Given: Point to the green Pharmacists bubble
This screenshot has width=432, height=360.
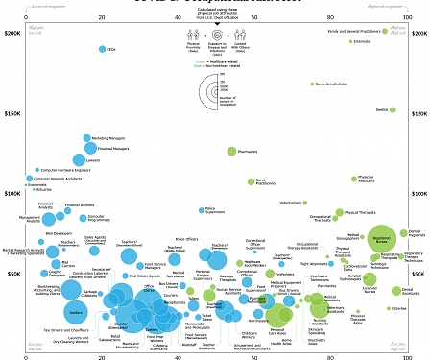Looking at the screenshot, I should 231,152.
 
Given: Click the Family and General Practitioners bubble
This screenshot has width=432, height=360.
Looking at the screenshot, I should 383,32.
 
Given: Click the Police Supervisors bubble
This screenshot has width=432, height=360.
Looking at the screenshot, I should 199,208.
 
